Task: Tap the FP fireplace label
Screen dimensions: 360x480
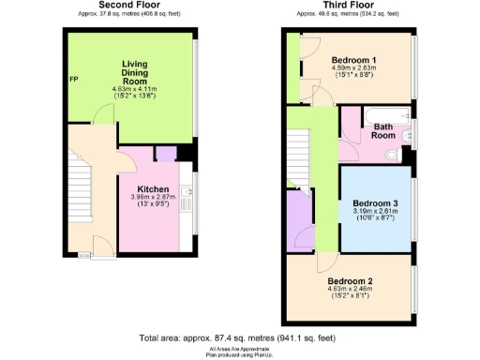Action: [x=73, y=79]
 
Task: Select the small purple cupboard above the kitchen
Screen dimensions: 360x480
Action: [x=165, y=155]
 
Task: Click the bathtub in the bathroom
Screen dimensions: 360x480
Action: [x=383, y=114]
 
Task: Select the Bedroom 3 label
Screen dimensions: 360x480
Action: [x=375, y=202]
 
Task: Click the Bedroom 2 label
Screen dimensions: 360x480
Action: [x=350, y=279]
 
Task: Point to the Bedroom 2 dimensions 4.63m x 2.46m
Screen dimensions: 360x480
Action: [x=350, y=289]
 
